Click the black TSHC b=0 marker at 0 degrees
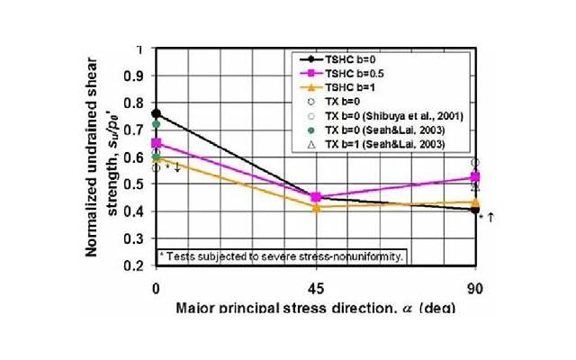[x=157, y=113]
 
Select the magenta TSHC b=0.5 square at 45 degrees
[x=316, y=197]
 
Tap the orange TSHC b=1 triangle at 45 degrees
[x=316, y=208]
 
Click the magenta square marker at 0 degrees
[x=157, y=143]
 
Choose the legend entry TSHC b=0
[x=350, y=58]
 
